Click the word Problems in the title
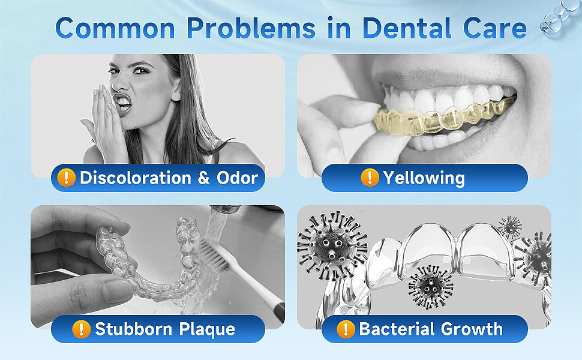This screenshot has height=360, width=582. click(251, 28)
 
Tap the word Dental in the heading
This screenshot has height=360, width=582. click(407, 28)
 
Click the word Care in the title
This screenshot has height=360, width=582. click(495, 28)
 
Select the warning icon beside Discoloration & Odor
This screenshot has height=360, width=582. click(67, 178)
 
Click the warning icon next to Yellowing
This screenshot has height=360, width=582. click(370, 178)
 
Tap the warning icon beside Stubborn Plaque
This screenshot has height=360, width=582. click(81, 329)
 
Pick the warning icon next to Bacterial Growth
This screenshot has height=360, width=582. click(346, 329)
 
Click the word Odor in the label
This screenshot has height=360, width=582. click(237, 178)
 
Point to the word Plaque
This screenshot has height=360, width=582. click(207, 329)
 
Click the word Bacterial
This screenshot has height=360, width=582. click(397, 329)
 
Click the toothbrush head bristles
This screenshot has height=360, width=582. click(212, 253)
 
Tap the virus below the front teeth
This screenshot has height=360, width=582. click(431, 286)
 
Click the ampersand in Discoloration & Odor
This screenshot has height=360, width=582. click(203, 178)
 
